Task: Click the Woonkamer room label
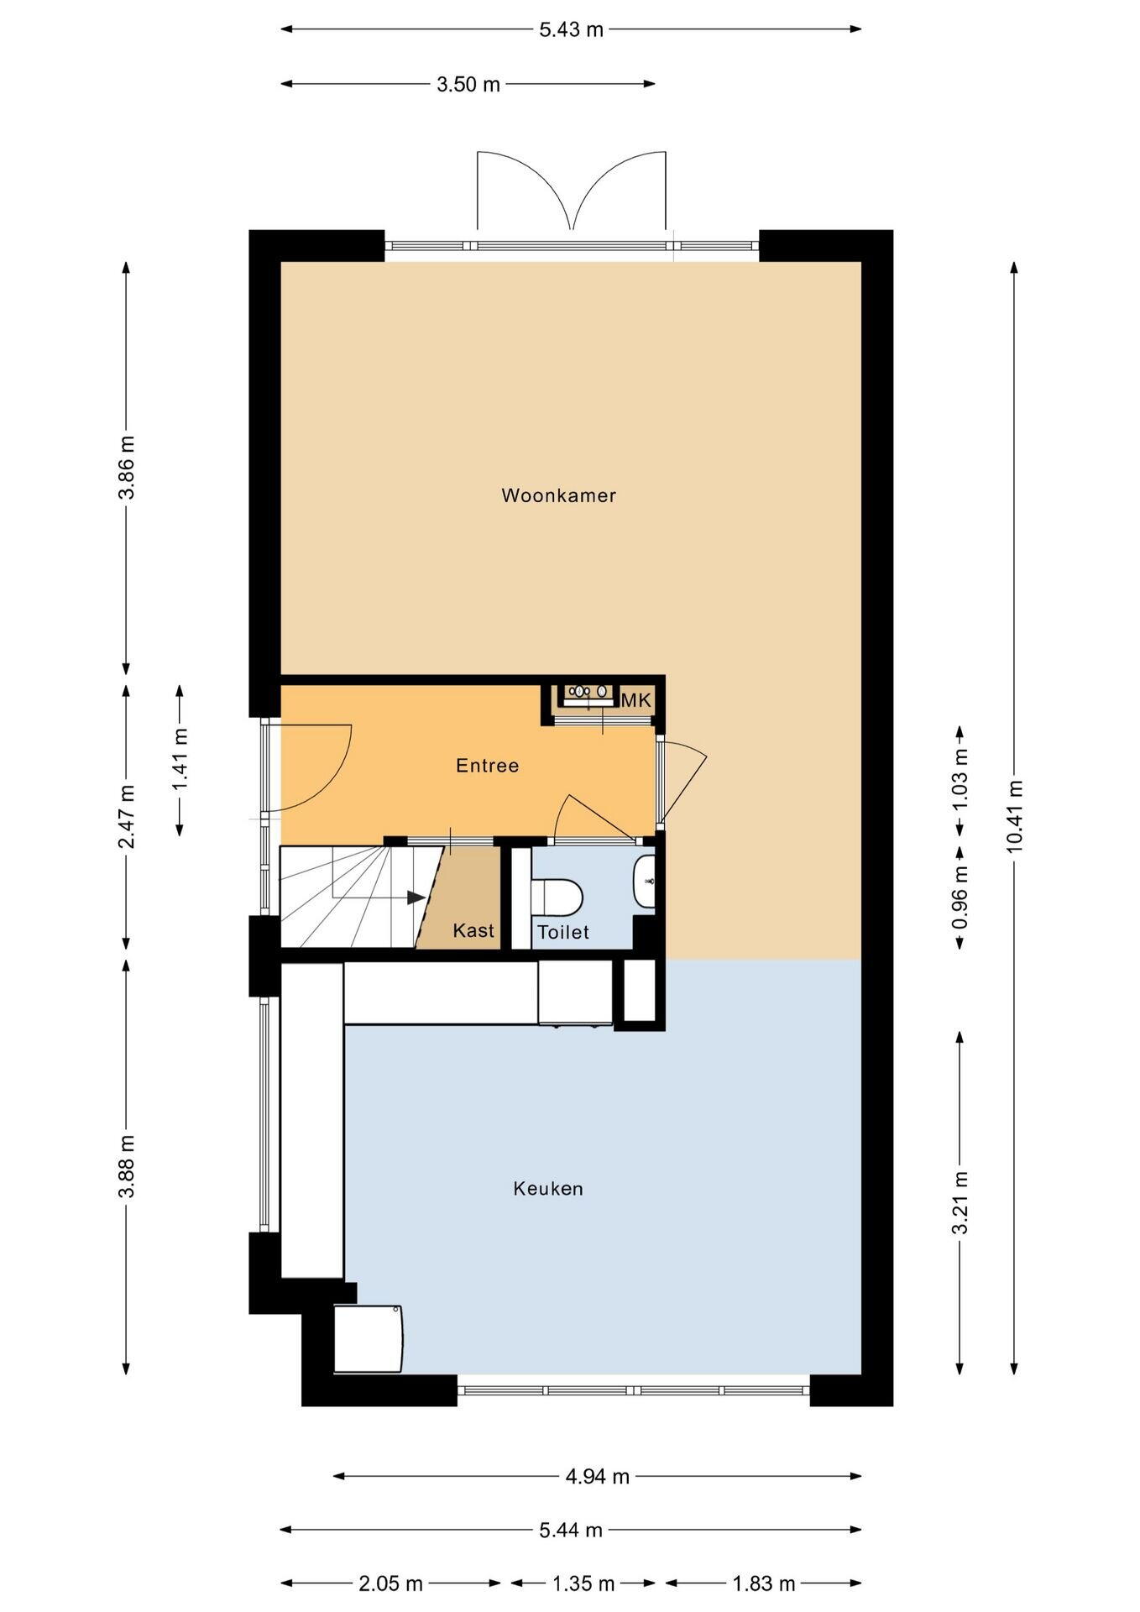click(x=559, y=495)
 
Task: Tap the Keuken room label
click(x=548, y=1188)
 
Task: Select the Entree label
click(x=488, y=765)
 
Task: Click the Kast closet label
click(x=473, y=930)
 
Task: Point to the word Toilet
click(x=563, y=932)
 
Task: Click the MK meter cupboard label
click(x=636, y=699)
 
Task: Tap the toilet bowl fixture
click(x=557, y=895)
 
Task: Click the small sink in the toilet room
click(x=645, y=882)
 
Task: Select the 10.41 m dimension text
click(x=1014, y=816)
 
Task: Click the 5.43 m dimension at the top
click(x=571, y=29)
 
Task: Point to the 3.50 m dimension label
click(x=468, y=84)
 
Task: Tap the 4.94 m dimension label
click(x=598, y=1476)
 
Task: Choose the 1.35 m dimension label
click(x=583, y=1583)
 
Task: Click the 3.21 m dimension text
click(x=960, y=1202)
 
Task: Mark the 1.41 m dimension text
click(x=180, y=759)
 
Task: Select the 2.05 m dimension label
click(x=390, y=1583)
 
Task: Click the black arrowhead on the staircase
click(x=416, y=897)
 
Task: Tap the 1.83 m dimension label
click(x=764, y=1583)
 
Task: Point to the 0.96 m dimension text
click(x=960, y=897)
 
